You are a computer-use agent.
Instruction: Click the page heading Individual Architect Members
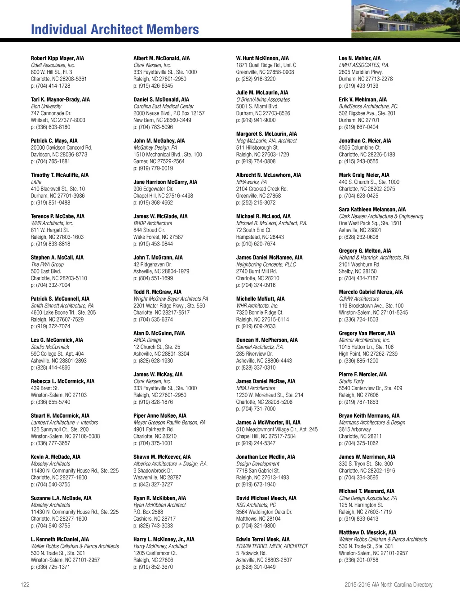tap(115, 30)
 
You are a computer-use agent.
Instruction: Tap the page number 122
tap(25, 585)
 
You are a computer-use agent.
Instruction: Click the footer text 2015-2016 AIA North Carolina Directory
tap(388, 585)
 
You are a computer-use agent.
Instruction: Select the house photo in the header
tap(405, 18)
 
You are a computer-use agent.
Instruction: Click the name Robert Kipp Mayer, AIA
tap(57, 58)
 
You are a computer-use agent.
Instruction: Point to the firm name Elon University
tap(46, 107)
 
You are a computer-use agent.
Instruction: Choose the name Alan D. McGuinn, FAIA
tap(159, 333)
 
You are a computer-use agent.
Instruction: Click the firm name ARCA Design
tap(147, 340)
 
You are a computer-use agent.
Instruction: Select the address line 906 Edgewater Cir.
tap(153, 189)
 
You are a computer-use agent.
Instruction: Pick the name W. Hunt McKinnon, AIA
tap(262, 58)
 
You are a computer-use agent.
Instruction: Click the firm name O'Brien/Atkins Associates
tap(263, 99)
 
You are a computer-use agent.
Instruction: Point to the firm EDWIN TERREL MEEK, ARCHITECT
tap(272, 546)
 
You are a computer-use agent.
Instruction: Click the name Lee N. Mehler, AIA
tap(360, 58)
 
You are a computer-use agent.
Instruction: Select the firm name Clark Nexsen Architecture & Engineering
tap(381, 216)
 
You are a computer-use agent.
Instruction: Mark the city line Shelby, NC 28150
tap(358, 271)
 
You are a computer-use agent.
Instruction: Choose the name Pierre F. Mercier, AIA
tap(363, 375)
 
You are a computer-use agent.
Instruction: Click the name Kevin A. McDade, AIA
tap(56, 457)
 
